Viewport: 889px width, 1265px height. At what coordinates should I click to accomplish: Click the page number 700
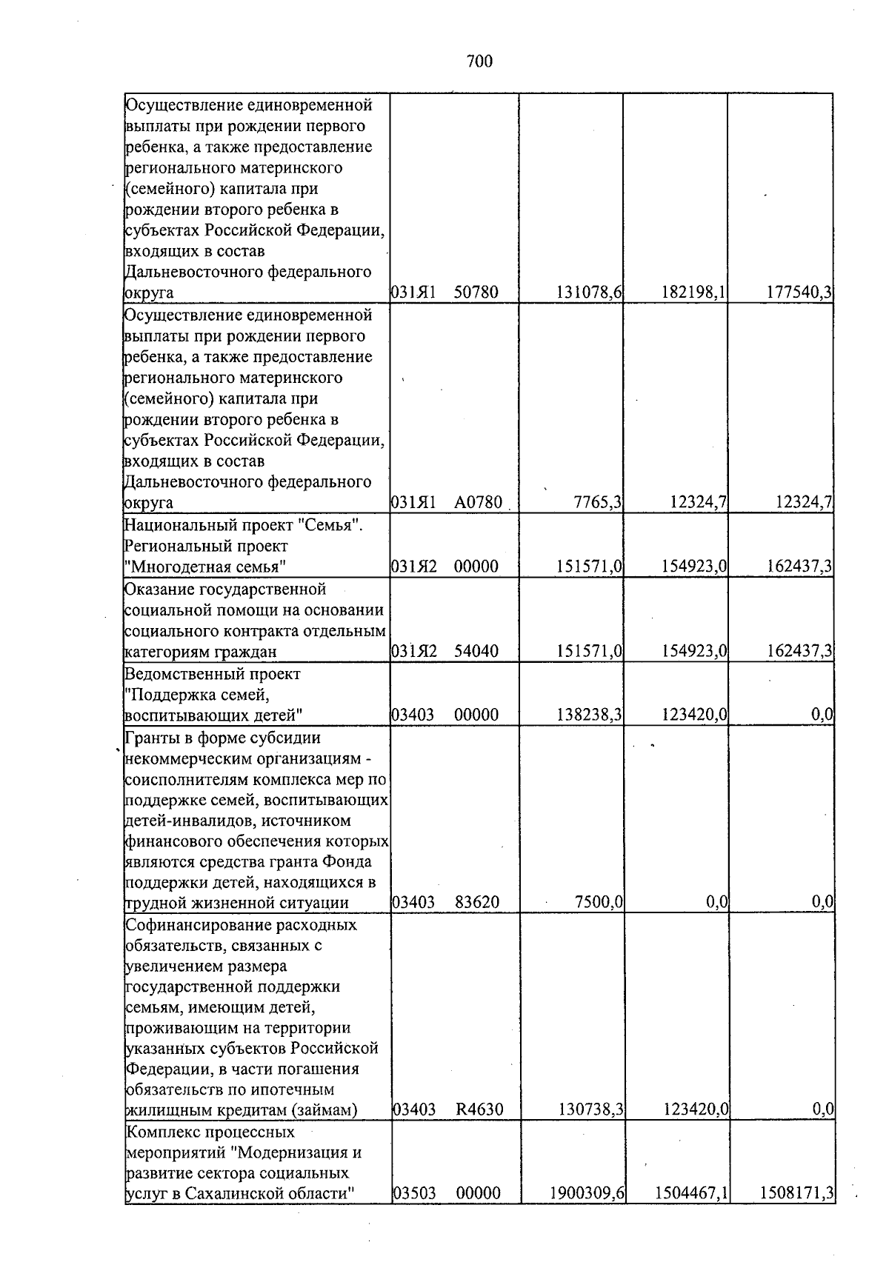coord(480,61)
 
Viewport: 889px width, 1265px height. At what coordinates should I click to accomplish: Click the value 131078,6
coord(588,293)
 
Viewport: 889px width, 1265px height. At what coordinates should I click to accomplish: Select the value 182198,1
coord(693,293)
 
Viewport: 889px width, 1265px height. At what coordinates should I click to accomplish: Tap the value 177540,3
coord(799,293)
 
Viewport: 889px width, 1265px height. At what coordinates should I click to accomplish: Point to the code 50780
coord(476,293)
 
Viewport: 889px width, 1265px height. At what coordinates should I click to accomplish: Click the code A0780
coord(479,503)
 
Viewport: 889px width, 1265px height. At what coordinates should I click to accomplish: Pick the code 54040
coord(476,652)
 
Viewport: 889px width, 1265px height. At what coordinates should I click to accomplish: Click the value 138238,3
coord(588,715)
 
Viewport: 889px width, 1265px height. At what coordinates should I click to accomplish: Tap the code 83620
coord(476,903)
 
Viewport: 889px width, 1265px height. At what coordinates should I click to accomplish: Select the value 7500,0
coord(599,903)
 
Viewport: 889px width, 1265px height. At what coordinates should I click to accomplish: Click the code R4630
coord(479,1109)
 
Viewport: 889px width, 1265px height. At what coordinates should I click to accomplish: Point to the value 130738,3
coord(588,1109)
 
